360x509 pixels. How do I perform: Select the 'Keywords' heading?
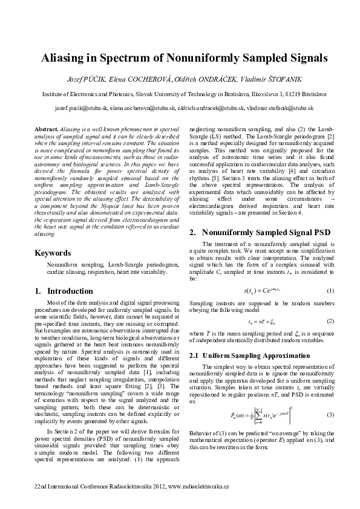53,253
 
